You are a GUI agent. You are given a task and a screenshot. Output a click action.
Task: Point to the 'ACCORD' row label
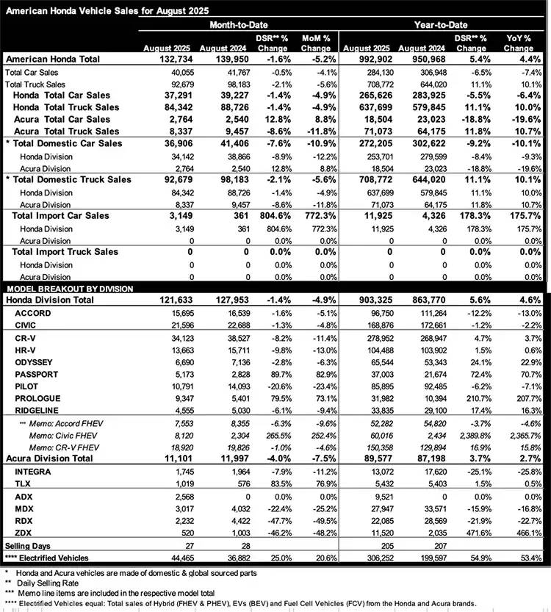[33, 314]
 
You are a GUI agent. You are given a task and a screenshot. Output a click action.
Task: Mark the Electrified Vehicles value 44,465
[173, 559]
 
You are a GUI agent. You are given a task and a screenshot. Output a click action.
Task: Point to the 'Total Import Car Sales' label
[60, 216]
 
